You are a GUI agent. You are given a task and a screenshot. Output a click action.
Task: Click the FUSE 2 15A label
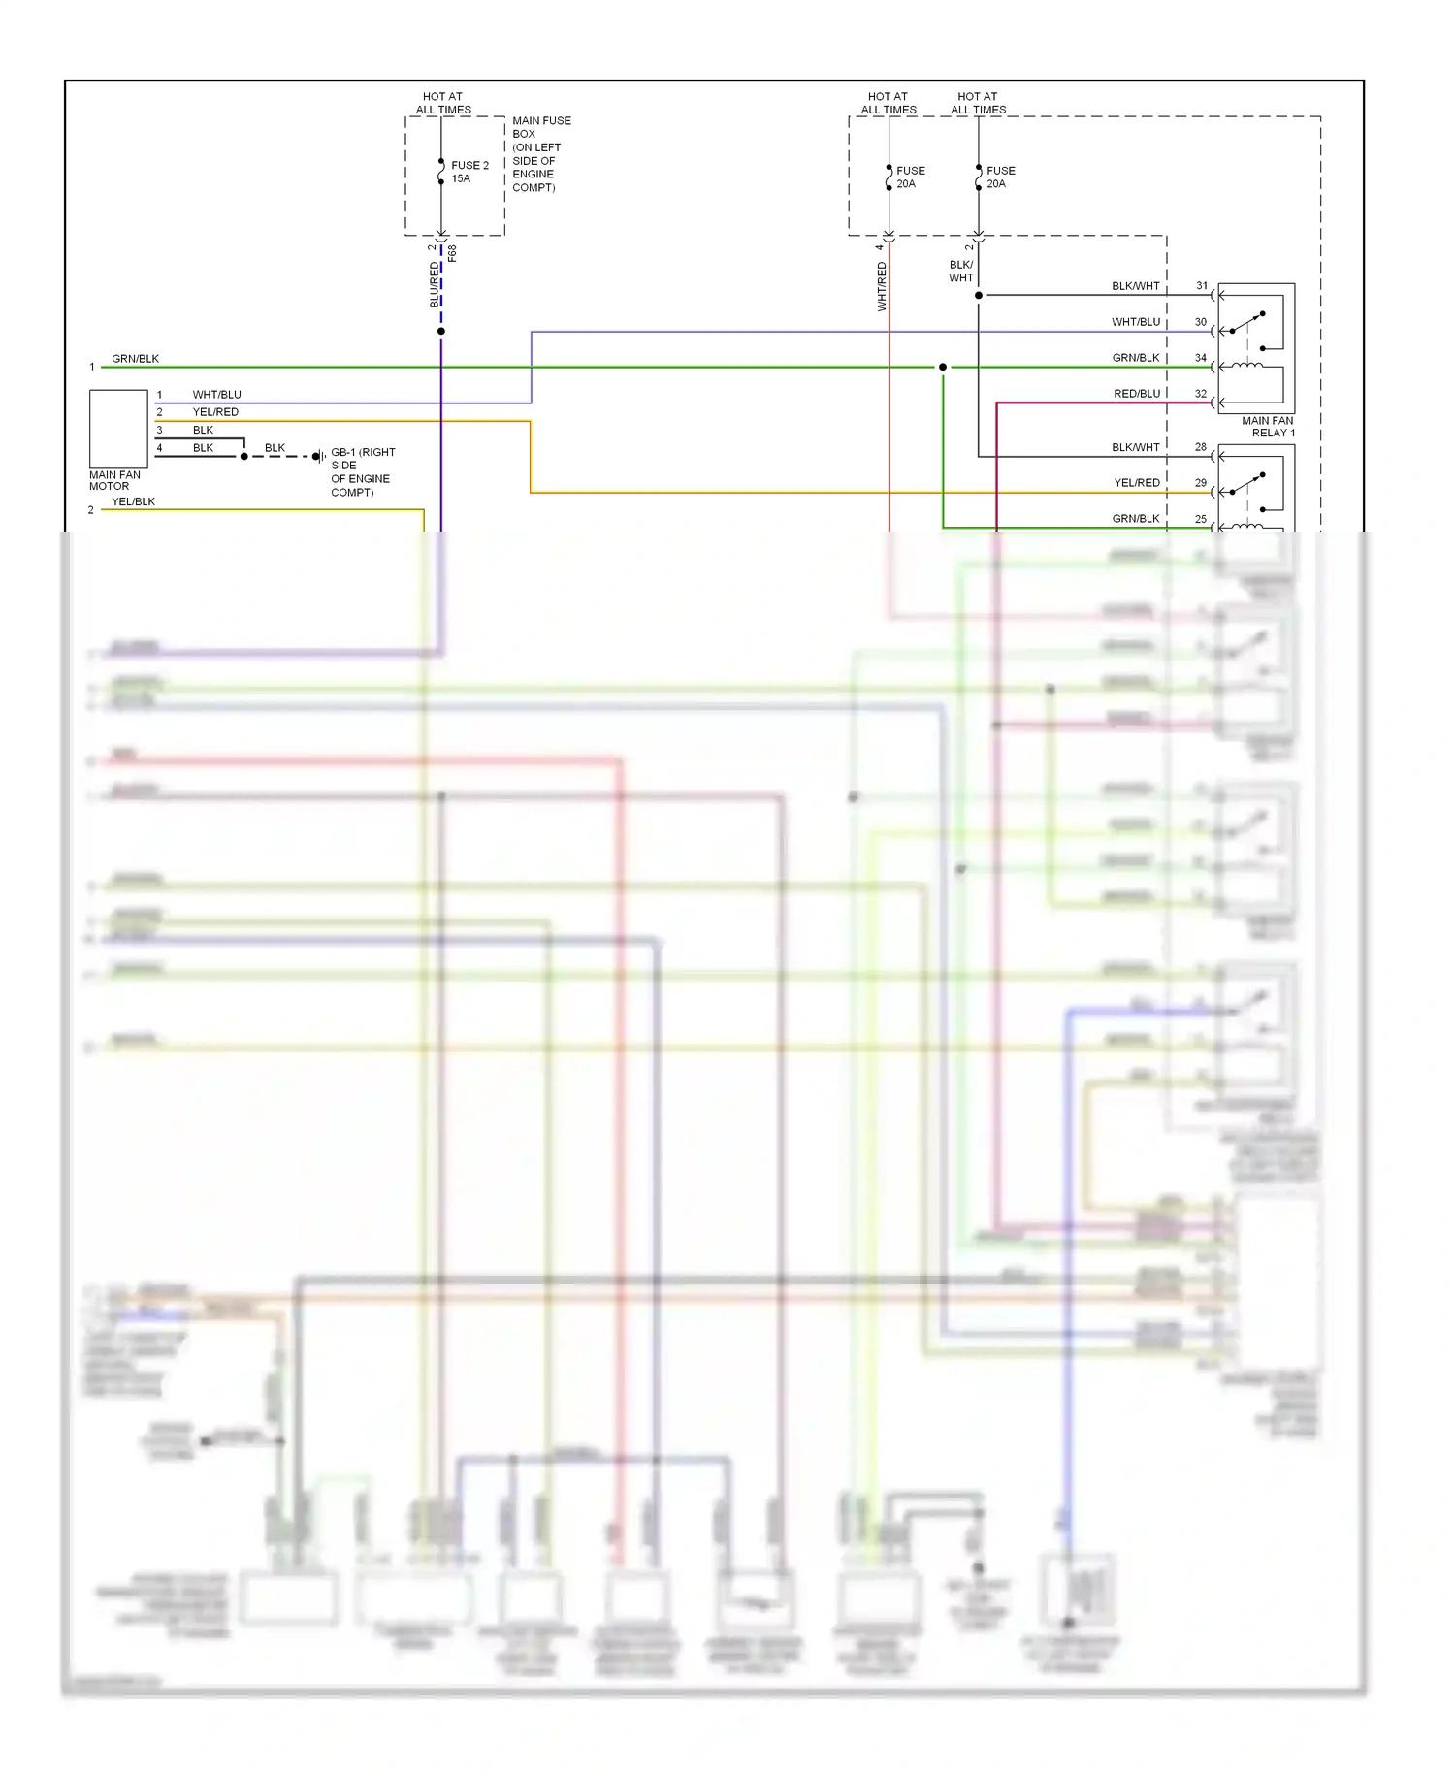point(469,172)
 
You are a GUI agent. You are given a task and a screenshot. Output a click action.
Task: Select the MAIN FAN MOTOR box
point(118,429)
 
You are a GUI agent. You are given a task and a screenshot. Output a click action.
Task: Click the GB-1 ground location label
point(362,472)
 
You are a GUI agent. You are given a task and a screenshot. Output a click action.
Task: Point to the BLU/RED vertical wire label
point(435,285)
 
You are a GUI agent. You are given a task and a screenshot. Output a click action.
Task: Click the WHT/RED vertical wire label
point(882,286)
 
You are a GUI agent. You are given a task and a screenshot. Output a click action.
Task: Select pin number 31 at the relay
point(1202,286)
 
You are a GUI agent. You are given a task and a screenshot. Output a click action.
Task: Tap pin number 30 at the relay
point(1201,322)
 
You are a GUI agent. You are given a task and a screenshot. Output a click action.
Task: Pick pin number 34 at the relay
point(1201,358)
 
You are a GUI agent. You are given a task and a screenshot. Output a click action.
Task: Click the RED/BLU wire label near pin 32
point(1137,394)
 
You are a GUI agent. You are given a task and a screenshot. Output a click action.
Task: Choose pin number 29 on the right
point(1201,483)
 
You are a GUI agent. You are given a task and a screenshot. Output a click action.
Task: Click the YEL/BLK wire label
point(133,501)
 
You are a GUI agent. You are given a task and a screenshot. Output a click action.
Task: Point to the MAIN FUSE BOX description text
point(540,154)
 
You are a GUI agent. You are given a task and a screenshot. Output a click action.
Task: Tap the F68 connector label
point(452,253)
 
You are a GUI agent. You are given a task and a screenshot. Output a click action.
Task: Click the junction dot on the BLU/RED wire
point(441,332)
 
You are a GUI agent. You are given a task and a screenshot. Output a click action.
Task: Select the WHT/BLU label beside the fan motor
point(216,395)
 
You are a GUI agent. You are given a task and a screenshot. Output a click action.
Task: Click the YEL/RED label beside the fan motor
point(215,412)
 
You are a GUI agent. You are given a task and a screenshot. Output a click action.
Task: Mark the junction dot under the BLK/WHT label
point(978,295)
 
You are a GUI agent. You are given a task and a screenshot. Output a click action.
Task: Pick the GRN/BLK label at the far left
point(135,359)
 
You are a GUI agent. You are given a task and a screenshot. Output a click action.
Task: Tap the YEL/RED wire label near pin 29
point(1137,483)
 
